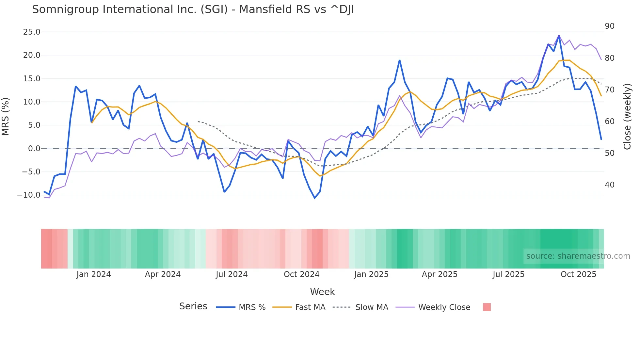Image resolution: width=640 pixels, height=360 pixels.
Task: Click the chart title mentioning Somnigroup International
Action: click(193, 9)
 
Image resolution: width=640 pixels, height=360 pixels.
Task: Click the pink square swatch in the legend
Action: click(487, 307)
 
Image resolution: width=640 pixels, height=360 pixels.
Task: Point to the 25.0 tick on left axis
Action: click(32, 32)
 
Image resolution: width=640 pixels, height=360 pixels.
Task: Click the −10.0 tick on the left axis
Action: click(29, 195)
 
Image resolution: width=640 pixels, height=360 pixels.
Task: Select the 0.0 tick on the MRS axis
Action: click(34, 149)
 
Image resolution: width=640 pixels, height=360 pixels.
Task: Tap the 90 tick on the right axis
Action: click(609, 26)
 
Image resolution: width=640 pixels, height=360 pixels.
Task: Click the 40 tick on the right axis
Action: click(609, 185)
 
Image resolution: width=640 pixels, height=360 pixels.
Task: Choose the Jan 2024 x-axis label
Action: click(94, 274)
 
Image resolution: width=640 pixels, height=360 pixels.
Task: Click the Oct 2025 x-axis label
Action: click(578, 274)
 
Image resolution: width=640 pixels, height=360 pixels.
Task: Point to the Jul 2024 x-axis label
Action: click(232, 274)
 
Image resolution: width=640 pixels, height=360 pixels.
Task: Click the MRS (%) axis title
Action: click(6, 117)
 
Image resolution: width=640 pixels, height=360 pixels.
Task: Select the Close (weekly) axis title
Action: click(627, 117)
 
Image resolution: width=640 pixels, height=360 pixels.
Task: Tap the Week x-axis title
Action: click(322, 292)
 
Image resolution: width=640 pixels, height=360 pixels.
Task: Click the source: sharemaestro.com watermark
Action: click(578, 256)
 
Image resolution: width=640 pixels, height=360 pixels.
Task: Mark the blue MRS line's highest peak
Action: click(559, 35)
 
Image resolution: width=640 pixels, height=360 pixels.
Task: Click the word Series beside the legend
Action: click(193, 306)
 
